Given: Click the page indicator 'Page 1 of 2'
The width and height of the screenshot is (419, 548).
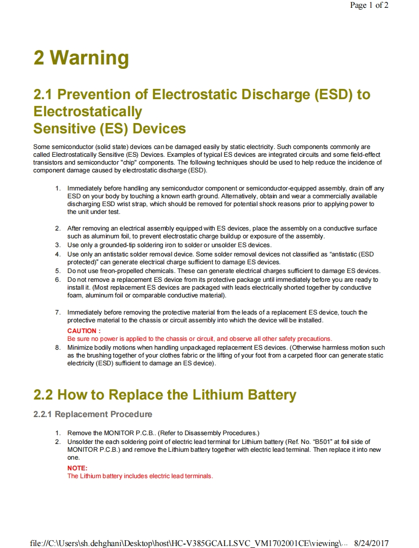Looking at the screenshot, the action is point(369,5).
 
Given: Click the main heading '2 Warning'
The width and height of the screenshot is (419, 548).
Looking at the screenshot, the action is point(81,58).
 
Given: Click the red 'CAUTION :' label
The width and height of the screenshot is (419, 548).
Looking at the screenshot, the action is point(84,331).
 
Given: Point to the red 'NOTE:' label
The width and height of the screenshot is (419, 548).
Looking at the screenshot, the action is point(77,468).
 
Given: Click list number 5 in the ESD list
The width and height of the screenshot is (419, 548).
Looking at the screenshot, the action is point(58,271).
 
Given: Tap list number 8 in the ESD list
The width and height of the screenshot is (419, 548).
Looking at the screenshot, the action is point(58,347).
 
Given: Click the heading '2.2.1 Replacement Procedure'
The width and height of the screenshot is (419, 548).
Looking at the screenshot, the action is point(93,414).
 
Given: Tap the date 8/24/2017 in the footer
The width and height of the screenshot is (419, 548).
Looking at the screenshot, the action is point(371,543).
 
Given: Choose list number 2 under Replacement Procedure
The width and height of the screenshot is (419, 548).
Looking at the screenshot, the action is point(58,442).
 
